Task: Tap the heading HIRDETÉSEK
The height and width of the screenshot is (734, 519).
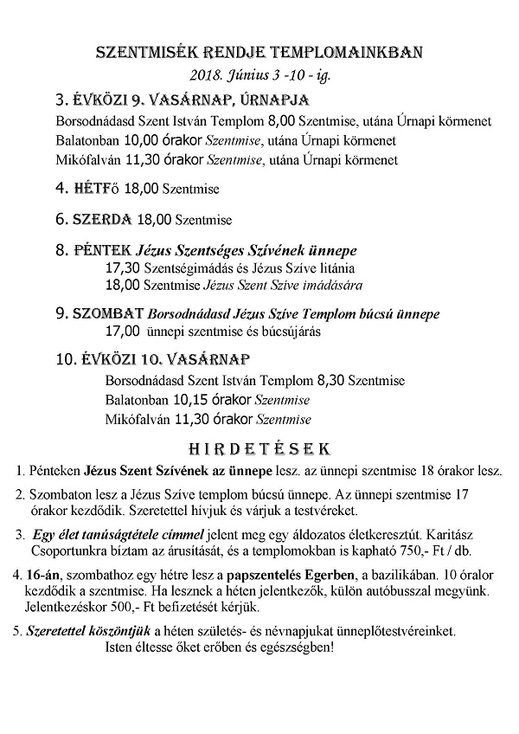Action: coord(260,449)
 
